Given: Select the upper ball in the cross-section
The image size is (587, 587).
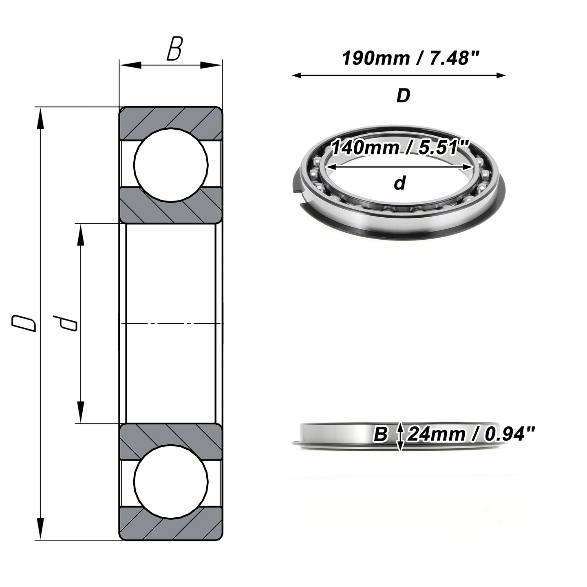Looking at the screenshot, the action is [x=171, y=165].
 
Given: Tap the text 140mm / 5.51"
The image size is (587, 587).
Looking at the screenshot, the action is [x=399, y=148].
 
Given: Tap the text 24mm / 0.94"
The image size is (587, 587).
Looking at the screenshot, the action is [x=471, y=434].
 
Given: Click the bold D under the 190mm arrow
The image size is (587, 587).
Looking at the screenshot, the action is [x=403, y=96].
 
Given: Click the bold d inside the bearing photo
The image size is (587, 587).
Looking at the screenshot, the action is [x=399, y=183].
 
